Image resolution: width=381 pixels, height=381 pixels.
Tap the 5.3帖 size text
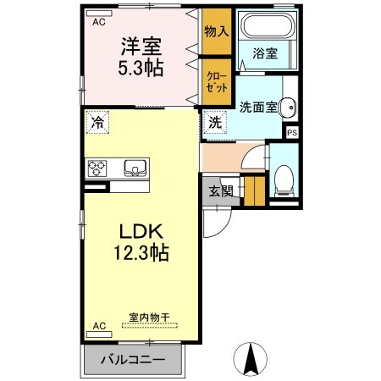coord(141,69)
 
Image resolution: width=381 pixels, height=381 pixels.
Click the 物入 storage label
coord(216,31)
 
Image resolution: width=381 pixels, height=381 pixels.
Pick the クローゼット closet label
coord(216,81)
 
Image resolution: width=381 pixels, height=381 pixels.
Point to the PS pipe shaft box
coord(293,132)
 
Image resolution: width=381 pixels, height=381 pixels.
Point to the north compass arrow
coord(251,359)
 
